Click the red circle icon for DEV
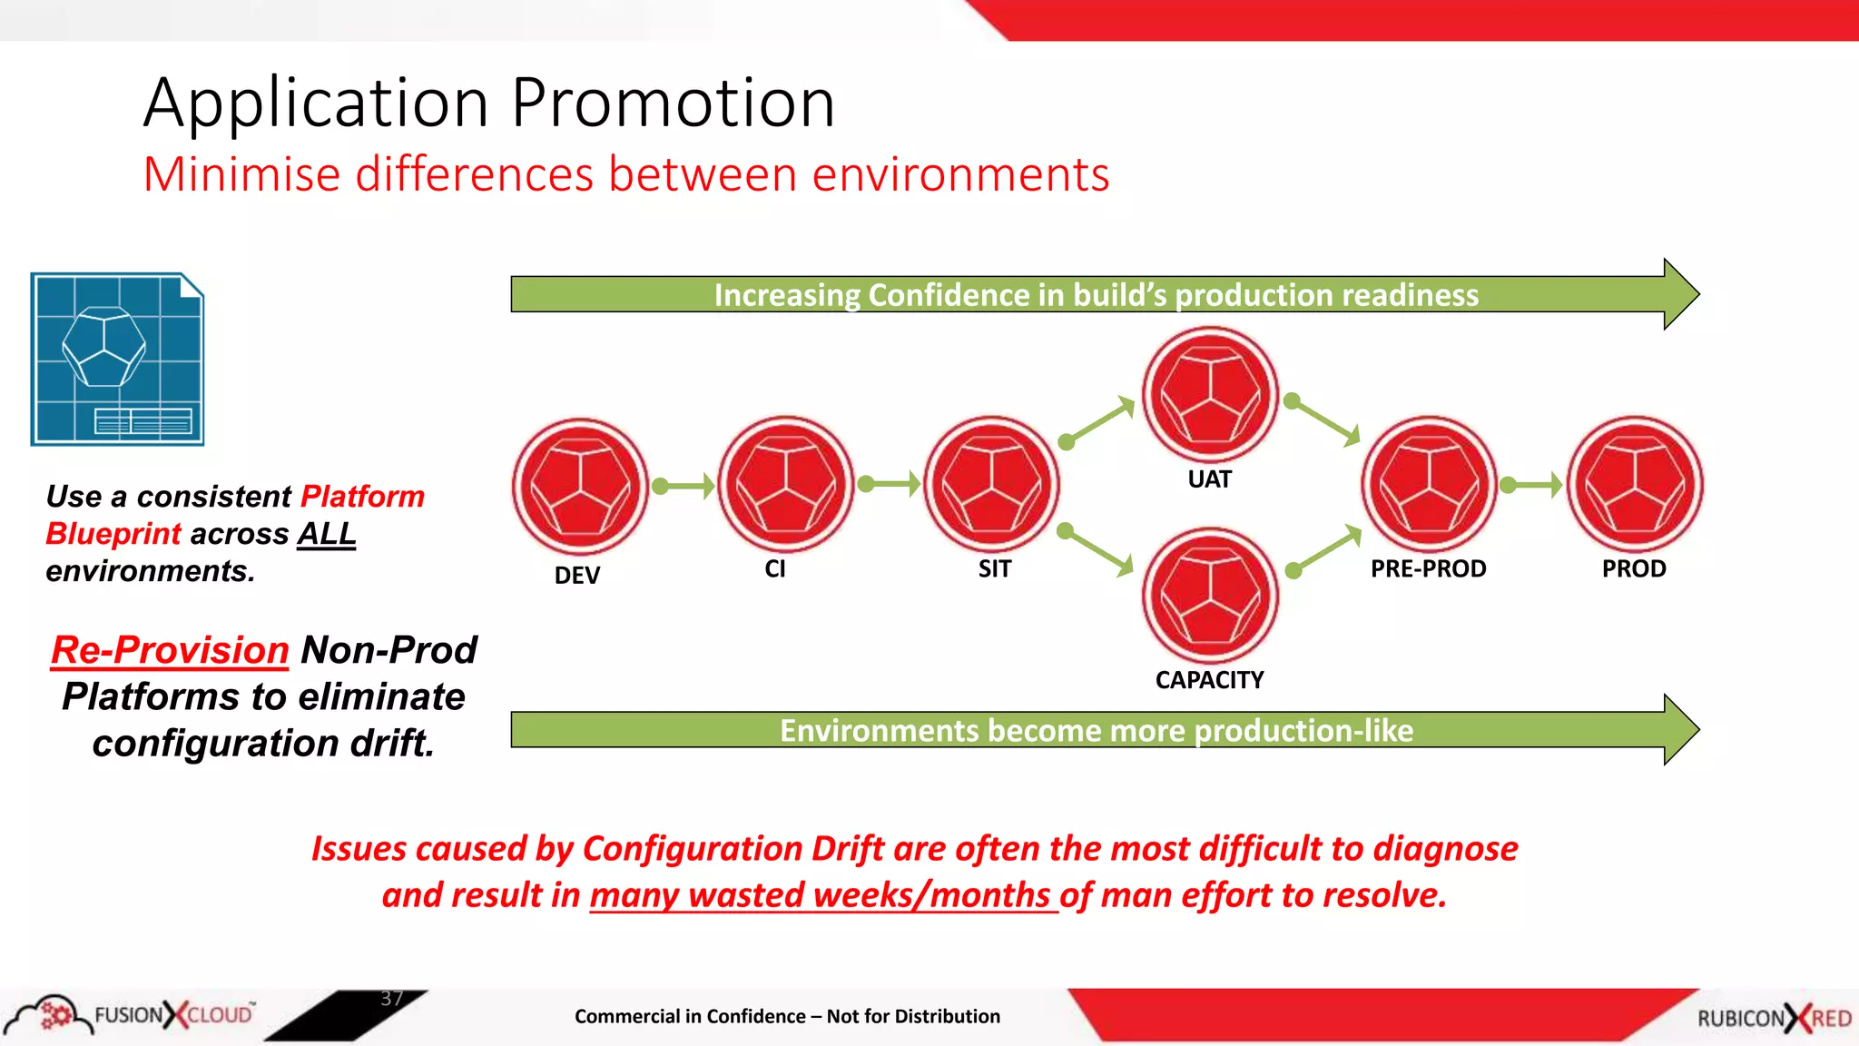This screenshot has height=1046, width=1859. click(580, 486)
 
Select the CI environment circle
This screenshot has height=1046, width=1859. click(786, 484)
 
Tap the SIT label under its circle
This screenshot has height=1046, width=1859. click(994, 569)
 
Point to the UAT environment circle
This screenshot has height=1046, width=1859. click(1210, 395)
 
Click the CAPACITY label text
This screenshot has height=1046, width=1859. click(1209, 680)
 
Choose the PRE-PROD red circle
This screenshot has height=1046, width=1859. click(1430, 484)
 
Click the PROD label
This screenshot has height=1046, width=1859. click(1634, 569)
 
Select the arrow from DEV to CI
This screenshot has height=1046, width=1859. click(684, 486)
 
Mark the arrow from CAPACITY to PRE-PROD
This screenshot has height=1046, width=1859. click(1327, 550)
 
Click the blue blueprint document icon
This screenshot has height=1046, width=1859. click(117, 359)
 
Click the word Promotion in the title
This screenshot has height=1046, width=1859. click(673, 103)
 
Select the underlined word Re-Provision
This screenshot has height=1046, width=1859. click(170, 650)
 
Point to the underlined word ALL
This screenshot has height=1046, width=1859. click(326, 534)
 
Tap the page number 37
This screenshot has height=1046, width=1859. click(391, 999)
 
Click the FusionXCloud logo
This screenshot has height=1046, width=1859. click(132, 1014)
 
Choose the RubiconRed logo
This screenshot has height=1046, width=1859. click(1774, 1018)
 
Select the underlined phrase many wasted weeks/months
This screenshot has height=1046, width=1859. click(822, 895)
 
